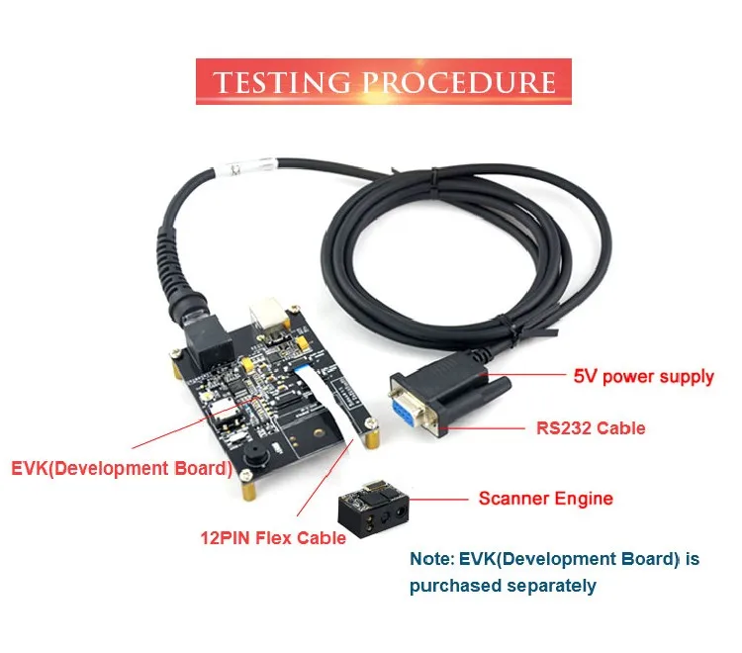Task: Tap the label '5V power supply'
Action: [x=644, y=377]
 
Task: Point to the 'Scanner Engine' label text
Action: [x=546, y=499]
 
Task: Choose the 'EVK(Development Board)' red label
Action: [x=122, y=468]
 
